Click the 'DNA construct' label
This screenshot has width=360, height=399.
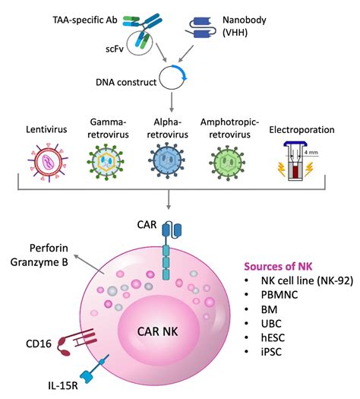click(125, 81)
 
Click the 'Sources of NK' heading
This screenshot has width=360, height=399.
click(281, 266)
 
